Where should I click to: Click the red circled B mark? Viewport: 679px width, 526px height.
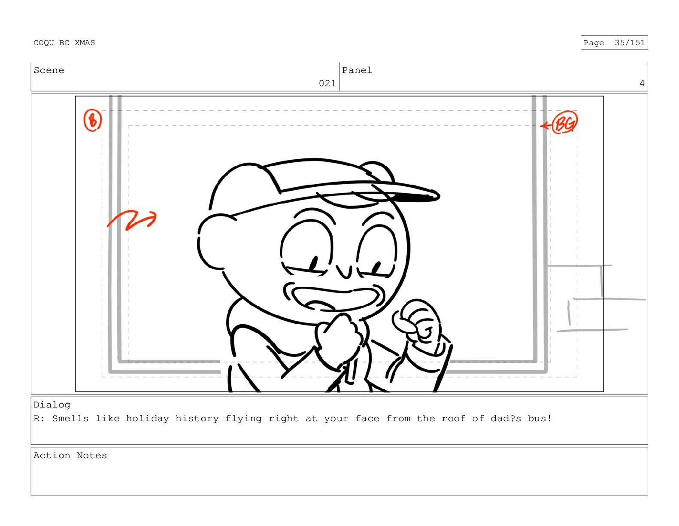[92, 120]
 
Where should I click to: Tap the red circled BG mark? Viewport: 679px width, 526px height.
[564, 122]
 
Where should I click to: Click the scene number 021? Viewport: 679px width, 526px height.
[327, 83]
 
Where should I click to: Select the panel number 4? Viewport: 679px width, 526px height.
[642, 83]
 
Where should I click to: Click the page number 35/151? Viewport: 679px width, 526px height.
[630, 43]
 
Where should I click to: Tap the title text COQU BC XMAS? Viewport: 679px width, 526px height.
[64, 43]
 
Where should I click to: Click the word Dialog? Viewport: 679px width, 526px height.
[52, 405]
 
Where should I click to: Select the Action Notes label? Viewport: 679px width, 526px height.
[70, 456]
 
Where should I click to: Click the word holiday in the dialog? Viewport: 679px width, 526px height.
[148, 419]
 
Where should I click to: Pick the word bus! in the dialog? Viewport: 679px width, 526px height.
[540, 419]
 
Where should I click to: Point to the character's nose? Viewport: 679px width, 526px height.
[345, 272]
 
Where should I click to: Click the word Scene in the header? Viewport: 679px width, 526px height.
[49, 70]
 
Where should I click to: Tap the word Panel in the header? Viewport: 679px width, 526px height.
[357, 70]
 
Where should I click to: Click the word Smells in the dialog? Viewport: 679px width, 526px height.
[70, 419]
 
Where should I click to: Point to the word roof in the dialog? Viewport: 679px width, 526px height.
[453, 419]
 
